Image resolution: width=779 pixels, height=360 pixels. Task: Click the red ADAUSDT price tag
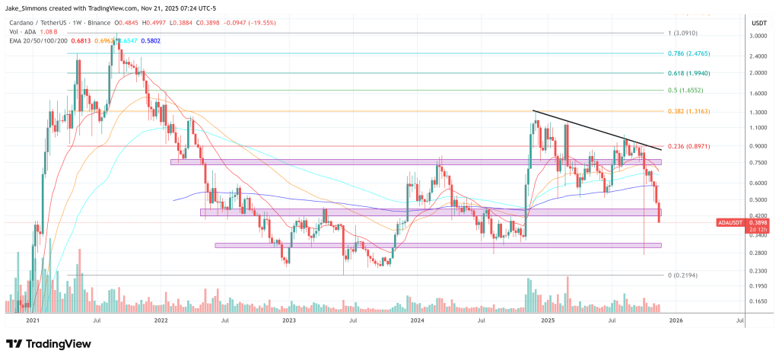[730, 221]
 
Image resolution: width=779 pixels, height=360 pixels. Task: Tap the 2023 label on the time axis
[288, 321]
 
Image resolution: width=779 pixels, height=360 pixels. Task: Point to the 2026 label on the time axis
[675, 321]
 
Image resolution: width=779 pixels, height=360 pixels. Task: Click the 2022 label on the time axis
[161, 321]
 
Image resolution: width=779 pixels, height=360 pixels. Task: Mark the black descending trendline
[600, 130]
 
